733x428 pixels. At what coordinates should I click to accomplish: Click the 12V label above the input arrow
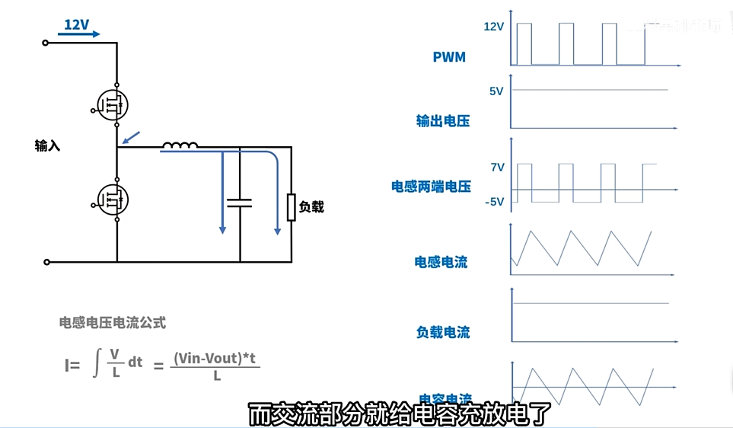coord(76,25)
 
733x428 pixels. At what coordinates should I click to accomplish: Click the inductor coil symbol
coord(181,145)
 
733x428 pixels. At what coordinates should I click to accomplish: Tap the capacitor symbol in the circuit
coord(240,203)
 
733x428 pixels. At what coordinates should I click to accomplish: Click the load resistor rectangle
coord(291,207)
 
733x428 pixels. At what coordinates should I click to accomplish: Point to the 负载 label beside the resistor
coord(311,206)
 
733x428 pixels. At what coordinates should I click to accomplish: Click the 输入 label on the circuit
coord(47,145)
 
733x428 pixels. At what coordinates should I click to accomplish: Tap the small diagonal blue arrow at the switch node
coord(132,137)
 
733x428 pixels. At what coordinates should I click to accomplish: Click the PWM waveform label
coord(449,57)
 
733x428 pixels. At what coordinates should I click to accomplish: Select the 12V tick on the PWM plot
coord(494,27)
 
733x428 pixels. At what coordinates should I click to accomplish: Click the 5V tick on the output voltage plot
coord(496,91)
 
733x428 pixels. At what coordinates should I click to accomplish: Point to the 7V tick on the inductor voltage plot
coord(497,167)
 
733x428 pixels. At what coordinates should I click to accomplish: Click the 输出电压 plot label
coord(442,120)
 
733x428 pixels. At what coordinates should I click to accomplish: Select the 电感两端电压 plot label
coord(431,187)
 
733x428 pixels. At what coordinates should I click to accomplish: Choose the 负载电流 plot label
coord(442,332)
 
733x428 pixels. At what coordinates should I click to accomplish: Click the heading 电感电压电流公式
coord(113,323)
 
